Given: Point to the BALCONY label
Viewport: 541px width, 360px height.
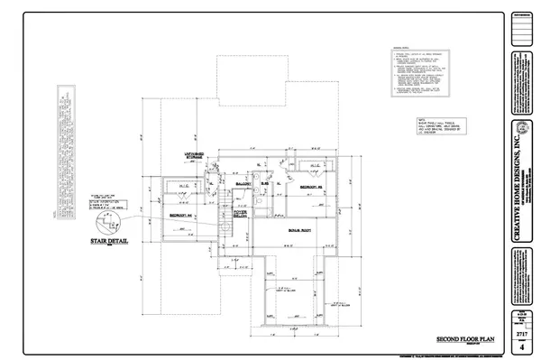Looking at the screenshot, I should click(241, 184).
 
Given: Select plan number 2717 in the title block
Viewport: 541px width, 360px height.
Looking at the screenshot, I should click(521, 333).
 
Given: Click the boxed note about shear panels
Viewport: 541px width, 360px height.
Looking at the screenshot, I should click(426, 127).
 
